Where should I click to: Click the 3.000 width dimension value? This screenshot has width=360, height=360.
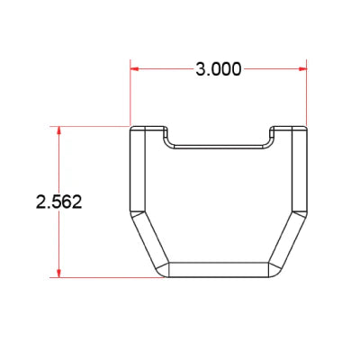[x=219, y=69]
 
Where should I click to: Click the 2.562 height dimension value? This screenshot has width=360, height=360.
[x=58, y=202]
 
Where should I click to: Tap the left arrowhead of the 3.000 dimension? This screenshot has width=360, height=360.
[x=134, y=68]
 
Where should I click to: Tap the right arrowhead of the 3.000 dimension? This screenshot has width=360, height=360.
[x=302, y=68]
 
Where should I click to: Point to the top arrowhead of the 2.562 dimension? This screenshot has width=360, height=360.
[x=58, y=130]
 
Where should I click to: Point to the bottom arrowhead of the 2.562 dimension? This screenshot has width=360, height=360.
[x=58, y=274]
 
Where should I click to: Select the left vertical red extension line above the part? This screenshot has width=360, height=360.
[x=130, y=92]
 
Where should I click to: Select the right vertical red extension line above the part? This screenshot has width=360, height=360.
[x=306, y=92]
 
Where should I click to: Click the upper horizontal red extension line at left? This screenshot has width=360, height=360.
[x=89, y=126]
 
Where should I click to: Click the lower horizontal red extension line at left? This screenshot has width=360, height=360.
[x=106, y=277]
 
